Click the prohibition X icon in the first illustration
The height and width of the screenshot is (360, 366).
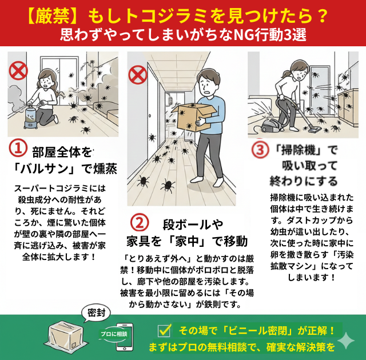(x=19, y=70)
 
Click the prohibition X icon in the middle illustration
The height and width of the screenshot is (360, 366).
(x=137, y=74)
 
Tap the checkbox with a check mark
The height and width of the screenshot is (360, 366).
(x=164, y=330)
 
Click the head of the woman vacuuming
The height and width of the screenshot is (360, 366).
(x=296, y=67)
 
